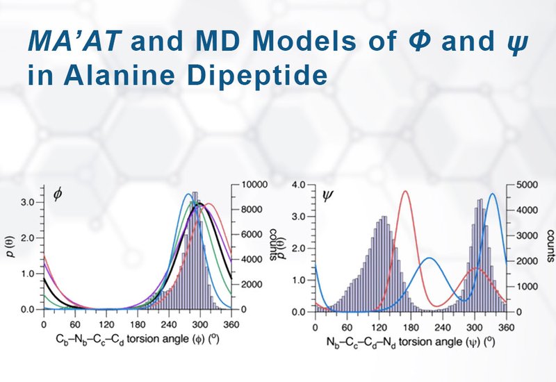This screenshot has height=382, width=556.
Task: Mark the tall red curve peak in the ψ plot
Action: tap(405, 192)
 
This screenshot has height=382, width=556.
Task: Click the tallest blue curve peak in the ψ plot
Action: tap(493, 194)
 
